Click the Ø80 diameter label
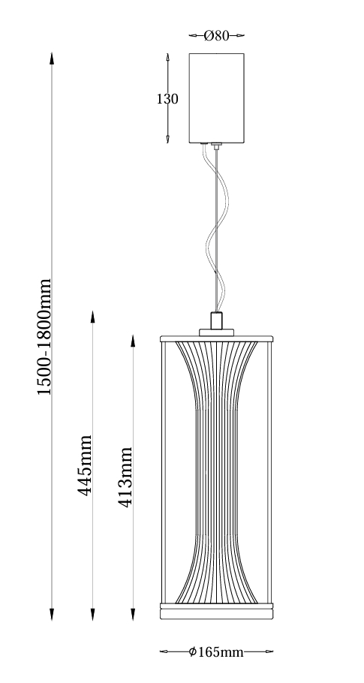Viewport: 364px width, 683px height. point(216,36)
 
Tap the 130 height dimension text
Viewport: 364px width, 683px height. point(167,99)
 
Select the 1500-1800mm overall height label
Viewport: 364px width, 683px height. point(44,337)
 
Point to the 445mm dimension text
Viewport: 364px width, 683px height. point(85,465)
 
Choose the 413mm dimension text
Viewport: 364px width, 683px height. point(125,477)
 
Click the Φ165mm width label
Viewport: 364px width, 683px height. point(216,652)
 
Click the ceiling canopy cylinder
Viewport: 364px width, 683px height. point(216,98)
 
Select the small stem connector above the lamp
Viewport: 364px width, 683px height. point(216,320)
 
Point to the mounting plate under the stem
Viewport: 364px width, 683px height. point(216,332)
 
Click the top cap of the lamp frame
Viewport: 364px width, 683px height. point(216,338)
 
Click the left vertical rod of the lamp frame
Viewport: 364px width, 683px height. point(164,473)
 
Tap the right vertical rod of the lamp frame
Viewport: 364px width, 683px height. point(269,473)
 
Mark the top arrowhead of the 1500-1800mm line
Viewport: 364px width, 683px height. point(52,59)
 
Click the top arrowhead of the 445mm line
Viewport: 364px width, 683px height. point(92,317)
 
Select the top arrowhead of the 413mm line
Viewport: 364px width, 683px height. point(133,341)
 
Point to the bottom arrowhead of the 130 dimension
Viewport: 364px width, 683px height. point(167,138)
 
